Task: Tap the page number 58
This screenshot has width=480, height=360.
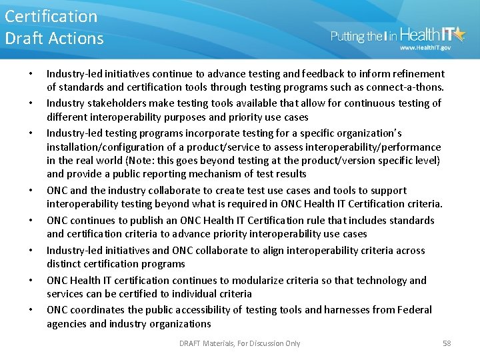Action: tap(447, 343)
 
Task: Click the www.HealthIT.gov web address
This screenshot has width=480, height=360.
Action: tap(425, 48)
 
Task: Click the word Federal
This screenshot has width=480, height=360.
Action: tap(414, 310)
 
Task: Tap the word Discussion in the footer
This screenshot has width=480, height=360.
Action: tap(259, 343)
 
